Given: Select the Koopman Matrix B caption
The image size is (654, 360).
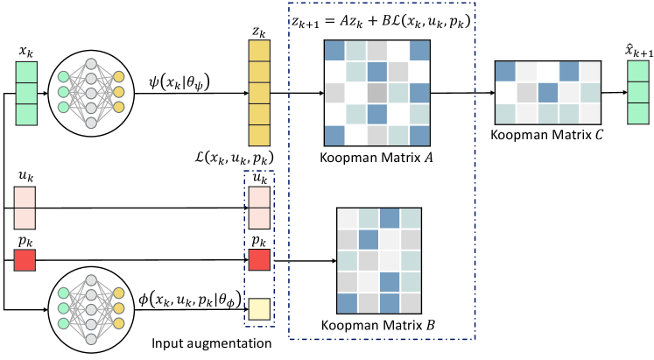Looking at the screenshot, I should click(380, 327).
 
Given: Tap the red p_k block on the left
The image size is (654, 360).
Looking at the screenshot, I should click(25, 260).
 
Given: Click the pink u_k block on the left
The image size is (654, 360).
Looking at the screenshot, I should click(25, 208).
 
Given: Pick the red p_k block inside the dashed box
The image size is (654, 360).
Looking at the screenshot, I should click(260, 260).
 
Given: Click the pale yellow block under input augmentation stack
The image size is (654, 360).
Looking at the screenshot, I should click(260, 308).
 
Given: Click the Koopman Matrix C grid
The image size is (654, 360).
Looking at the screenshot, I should click(546, 93).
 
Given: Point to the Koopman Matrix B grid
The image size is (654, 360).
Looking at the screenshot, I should click(379, 260).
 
